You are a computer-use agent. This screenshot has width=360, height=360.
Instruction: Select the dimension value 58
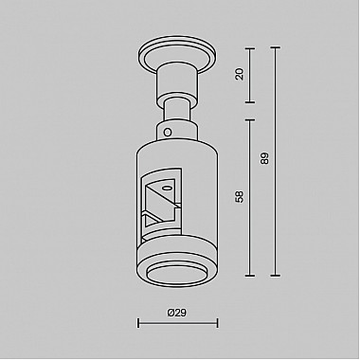240,197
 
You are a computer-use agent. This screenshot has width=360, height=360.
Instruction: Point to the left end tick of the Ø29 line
139,324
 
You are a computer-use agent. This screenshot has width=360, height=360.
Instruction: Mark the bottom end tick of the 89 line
276,278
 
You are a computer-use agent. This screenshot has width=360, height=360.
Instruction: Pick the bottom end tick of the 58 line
251,278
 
